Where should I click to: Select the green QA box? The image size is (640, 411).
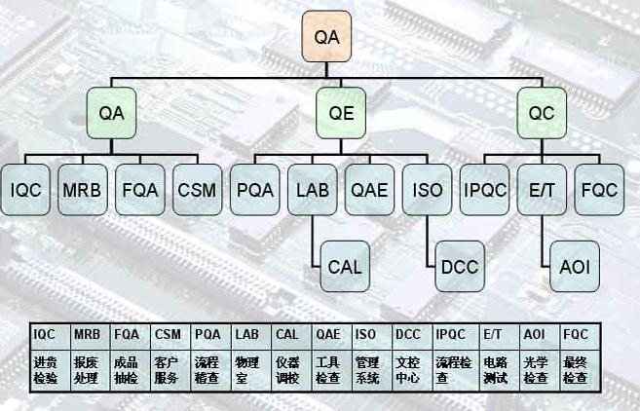pos(113,112)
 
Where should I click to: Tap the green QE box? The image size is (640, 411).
pos(341,112)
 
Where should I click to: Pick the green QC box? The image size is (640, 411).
pos(542,112)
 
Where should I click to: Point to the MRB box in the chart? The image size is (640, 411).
pos(81,189)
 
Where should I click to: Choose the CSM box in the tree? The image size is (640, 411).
pos(198,189)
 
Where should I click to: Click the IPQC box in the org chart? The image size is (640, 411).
pos(483,189)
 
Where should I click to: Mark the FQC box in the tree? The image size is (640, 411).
pos(598,189)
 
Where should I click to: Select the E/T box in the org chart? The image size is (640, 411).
pos(541,189)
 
